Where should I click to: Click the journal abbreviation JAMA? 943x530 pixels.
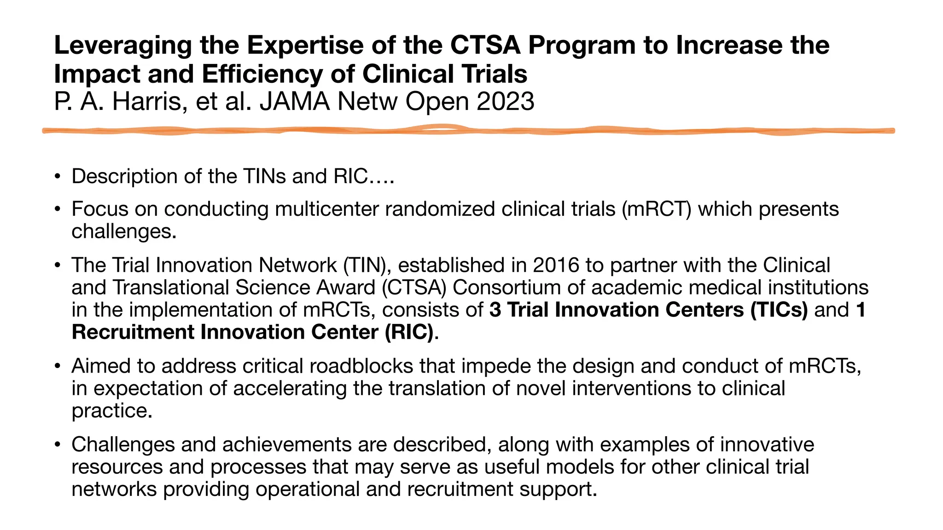[295, 101]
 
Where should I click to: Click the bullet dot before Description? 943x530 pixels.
[57, 176]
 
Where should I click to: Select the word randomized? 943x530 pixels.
[440, 209]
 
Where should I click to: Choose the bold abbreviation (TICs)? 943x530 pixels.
[779, 310]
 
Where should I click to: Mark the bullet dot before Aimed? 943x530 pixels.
[57, 366]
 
